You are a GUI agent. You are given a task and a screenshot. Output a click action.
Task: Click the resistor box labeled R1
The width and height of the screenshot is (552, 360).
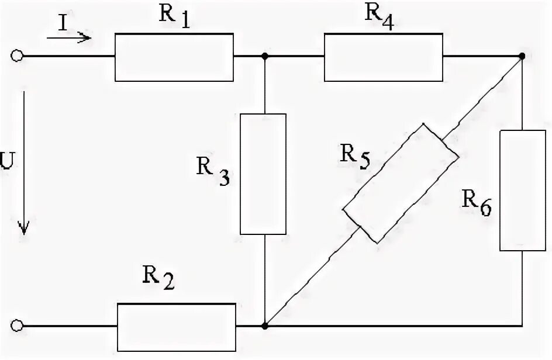click(x=174, y=57)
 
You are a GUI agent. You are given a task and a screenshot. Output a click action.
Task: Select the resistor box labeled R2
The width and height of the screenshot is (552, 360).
click(x=177, y=326)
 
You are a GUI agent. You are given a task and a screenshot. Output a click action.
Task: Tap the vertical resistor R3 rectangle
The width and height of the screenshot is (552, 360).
click(x=264, y=174)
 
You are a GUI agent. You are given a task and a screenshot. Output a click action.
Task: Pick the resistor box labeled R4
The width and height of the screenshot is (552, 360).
click(x=383, y=57)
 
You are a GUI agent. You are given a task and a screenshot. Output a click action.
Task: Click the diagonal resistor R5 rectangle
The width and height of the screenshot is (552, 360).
click(x=400, y=183)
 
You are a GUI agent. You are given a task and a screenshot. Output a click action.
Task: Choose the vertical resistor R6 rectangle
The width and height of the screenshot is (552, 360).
click(x=522, y=191)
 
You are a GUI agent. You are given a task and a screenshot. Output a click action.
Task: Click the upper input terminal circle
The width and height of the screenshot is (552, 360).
click(x=18, y=56)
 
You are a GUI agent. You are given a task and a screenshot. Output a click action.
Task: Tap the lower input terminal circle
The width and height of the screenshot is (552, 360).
click(x=18, y=325)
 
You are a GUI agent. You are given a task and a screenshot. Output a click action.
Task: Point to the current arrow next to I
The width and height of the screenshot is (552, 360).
click(x=69, y=38)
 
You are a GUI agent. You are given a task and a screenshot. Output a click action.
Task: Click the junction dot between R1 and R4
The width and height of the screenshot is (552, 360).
click(x=264, y=57)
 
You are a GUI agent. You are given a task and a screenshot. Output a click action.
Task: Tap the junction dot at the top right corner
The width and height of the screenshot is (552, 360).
click(x=522, y=57)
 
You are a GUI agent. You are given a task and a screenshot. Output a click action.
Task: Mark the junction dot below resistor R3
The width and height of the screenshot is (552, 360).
click(x=264, y=325)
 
